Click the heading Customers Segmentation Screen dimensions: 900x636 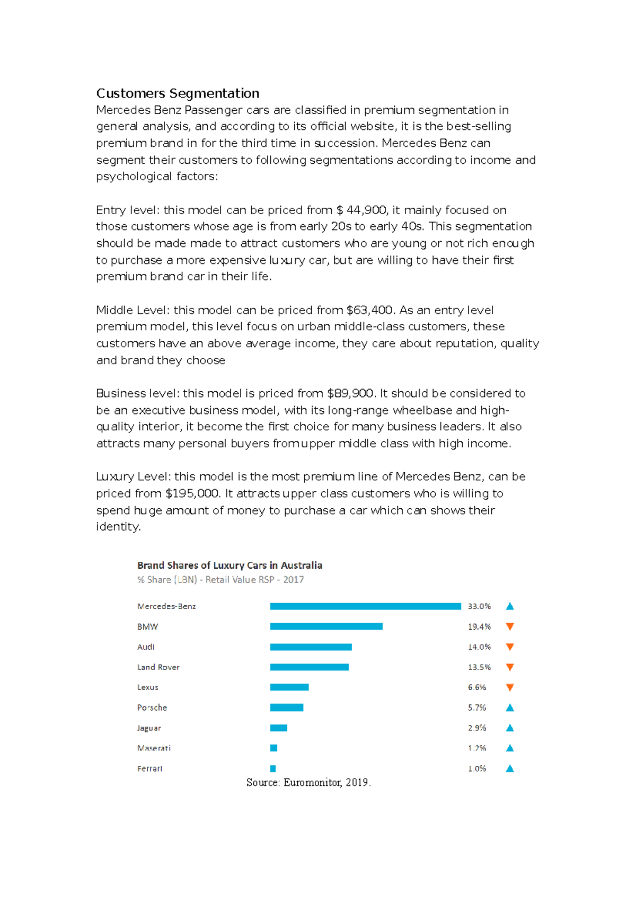[178, 93]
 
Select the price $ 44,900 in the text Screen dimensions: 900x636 [361, 210]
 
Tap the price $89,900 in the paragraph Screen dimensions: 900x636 [350, 393]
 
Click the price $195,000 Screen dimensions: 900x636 [192, 493]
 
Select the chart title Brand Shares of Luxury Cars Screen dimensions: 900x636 [229, 566]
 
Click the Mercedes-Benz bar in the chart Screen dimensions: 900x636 [365, 606]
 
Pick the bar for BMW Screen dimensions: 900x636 [326, 627]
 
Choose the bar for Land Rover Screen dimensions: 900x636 [309, 667]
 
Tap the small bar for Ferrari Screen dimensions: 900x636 [273, 769]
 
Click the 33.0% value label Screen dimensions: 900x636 [479, 606]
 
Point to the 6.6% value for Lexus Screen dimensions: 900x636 [477, 687]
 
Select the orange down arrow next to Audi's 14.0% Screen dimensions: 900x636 [510, 647]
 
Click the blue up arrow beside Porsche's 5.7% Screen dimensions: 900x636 [510, 708]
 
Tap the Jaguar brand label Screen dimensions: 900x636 [149, 728]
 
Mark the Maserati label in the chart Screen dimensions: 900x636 [154, 748]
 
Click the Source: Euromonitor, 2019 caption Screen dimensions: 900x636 [308, 782]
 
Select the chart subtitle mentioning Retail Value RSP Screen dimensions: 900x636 [220, 580]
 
